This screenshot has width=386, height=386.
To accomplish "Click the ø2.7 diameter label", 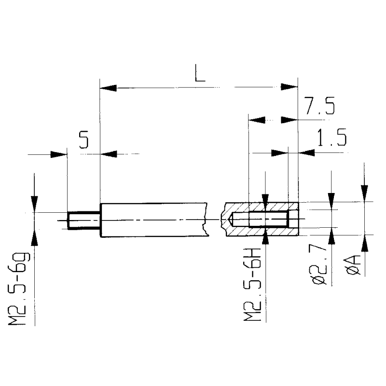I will tap(320, 265).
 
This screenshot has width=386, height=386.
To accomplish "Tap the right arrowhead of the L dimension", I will tap(289, 87).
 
